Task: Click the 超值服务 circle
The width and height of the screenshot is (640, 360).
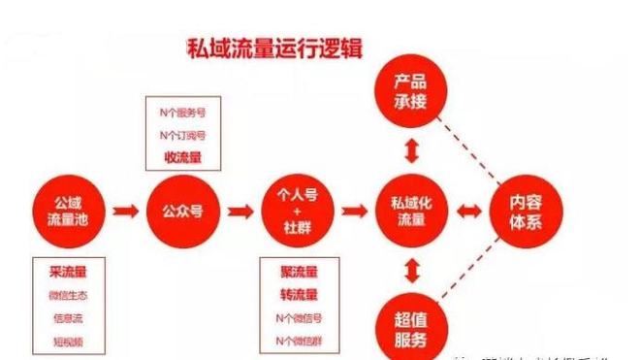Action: click(411, 327)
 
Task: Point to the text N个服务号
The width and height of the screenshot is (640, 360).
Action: click(181, 113)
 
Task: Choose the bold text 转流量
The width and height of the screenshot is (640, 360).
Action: click(299, 294)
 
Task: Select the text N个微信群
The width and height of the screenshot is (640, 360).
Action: click(299, 339)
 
